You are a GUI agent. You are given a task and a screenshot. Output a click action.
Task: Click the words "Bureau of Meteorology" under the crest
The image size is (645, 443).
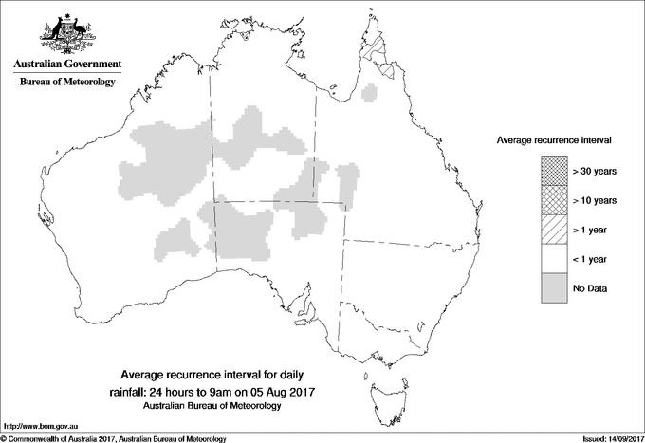coord(67,83)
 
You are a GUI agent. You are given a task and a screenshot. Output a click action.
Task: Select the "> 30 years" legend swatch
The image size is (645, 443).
coord(553,171)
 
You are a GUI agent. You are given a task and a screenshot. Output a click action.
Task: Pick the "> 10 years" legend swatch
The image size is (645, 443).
coord(553,200)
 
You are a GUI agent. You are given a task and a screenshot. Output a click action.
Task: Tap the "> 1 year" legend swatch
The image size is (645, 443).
coord(553,230)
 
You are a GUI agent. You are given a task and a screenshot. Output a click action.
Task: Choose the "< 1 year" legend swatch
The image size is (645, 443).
coord(553,259)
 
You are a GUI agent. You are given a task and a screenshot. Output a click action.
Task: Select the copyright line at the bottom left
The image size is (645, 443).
coord(114,438)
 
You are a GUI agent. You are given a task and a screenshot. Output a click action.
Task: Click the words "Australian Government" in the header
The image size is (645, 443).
coord(67,65)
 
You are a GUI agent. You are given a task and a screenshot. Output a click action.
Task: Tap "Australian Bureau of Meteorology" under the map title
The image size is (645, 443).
coord(212,406)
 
